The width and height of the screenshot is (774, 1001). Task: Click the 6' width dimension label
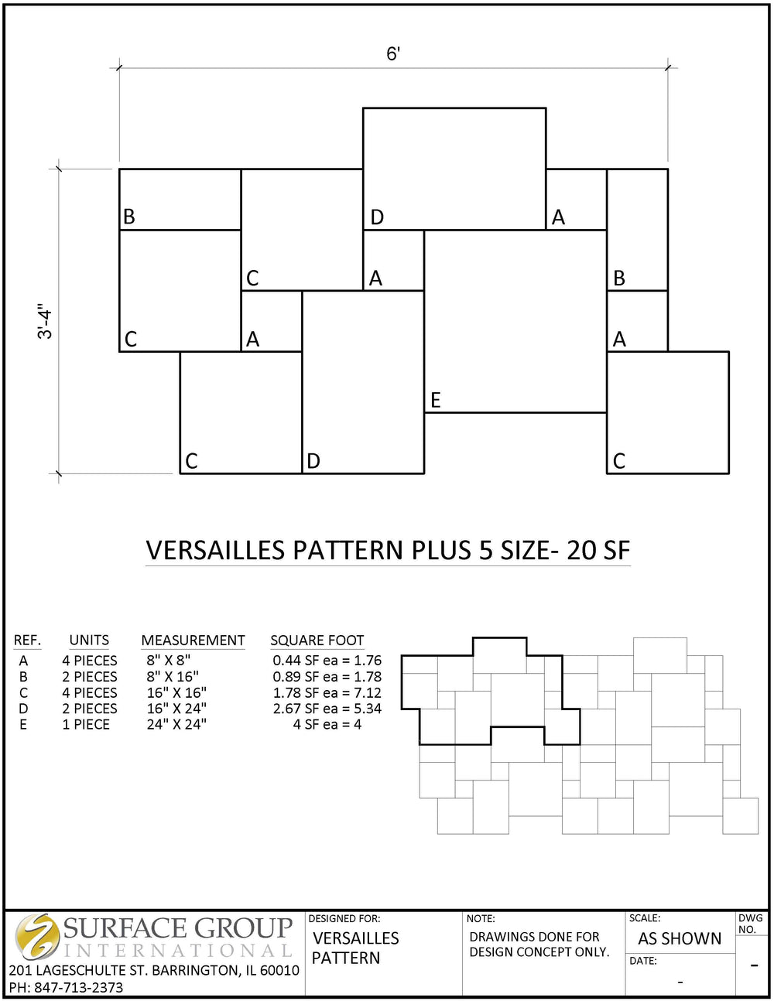(x=393, y=54)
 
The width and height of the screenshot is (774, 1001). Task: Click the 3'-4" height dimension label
(x=46, y=323)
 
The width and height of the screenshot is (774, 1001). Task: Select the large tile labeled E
(x=515, y=321)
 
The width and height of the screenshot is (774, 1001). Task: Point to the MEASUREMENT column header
(x=193, y=641)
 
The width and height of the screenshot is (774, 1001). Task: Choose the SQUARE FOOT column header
(x=317, y=641)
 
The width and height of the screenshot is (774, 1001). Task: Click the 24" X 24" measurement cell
(x=176, y=725)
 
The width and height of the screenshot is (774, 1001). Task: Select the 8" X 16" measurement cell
(x=173, y=677)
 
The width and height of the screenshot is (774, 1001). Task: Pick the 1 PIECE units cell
(x=86, y=725)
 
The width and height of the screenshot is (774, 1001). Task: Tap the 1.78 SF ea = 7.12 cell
(x=327, y=693)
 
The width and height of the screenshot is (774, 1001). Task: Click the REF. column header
(x=27, y=641)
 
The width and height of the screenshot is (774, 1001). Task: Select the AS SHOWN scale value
(x=679, y=939)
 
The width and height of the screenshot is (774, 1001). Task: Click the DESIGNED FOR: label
(x=344, y=919)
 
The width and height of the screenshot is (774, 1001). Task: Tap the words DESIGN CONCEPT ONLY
(x=539, y=952)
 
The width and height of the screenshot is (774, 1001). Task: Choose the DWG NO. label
(x=749, y=924)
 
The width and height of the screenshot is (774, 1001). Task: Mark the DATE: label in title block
(x=643, y=962)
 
